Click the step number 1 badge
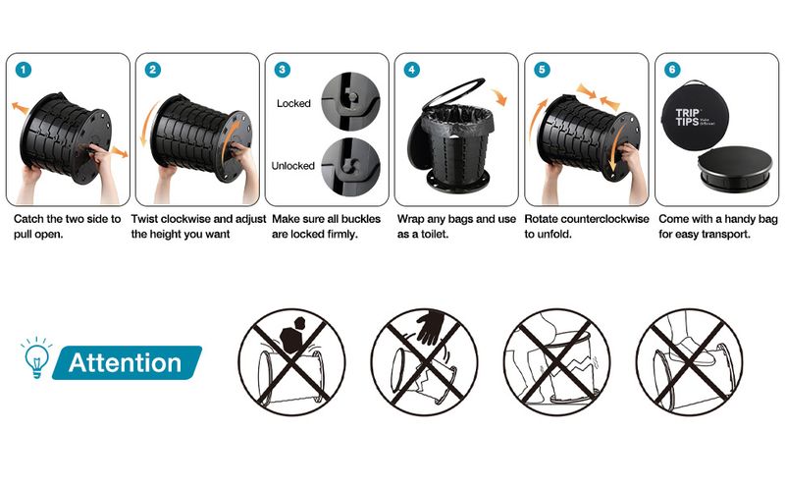pyautogui.click(x=24, y=69)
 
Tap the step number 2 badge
pyautogui.click(x=153, y=69)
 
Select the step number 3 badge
pyautogui.click(x=283, y=69)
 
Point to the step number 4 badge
pyautogui.click(x=412, y=69)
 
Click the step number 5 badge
pyautogui.click(x=542, y=69)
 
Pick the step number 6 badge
pyautogui.click(x=672, y=69)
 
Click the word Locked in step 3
pyautogui.click(x=293, y=103)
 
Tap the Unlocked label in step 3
pyautogui.click(x=292, y=165)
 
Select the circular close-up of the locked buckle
pyautogui.click(x=350, y=101)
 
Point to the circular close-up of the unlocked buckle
pyautogui.click(x=350, y=167)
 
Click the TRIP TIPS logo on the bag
pyautogui.click(x=688, y=117)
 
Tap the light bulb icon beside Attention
pyautogui.click(x=36, y=356)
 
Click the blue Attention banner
pyautogui.click(x=128, y=362)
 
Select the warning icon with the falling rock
pyautogui.click(x=291, y=361)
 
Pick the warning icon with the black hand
pyautogui.click(x=425, y=361)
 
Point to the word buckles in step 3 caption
pyautogui.click(x=361, y=219)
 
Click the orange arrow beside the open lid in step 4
pyautogui.click(x=499, y=96)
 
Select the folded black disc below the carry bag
pyautogui.click(x=735, y=168)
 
